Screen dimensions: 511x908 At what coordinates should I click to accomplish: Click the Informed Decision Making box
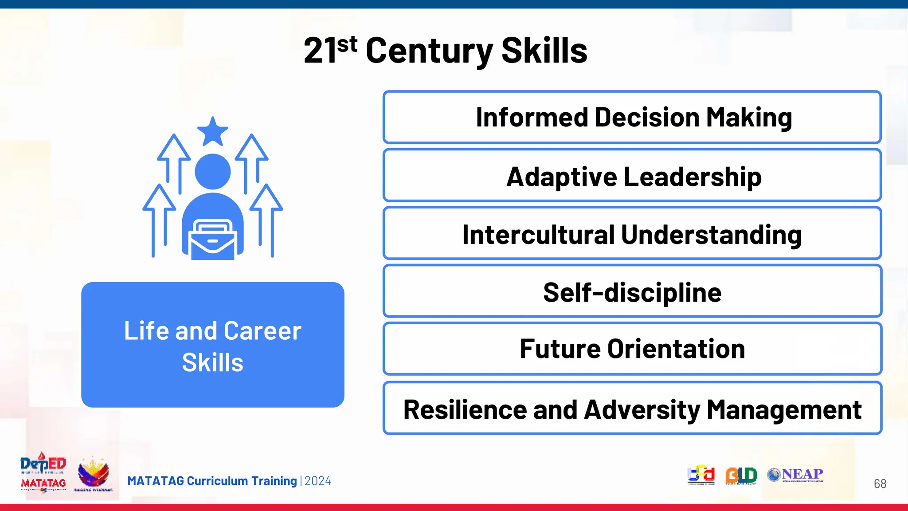click(632, 117)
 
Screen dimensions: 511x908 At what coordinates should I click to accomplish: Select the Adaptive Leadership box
click(632, 176)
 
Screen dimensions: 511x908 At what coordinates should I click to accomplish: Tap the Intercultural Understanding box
click(632, 234)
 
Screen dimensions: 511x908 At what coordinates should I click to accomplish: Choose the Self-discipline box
click(632, 292)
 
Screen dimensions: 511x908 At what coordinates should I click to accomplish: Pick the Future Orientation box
click(632, 349)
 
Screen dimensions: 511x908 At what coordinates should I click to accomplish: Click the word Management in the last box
click(783, 409)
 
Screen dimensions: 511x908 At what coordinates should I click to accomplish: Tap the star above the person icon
click(213, 132)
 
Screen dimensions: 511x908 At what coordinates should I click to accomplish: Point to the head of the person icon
click(213, 171)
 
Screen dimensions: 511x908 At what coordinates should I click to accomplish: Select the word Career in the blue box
click(262, 331)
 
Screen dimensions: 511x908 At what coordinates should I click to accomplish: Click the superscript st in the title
click(347, 44)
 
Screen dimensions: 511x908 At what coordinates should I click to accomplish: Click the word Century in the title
click(429, 51)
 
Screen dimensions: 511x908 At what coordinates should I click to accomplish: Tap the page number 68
click(880, 483)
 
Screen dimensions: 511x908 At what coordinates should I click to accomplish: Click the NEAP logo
click(795, 475)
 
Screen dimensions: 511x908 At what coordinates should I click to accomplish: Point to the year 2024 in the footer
click(318, 481)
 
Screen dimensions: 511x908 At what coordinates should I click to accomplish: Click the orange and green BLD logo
click(741, 475)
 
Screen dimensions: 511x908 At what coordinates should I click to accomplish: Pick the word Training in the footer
click(274, 481)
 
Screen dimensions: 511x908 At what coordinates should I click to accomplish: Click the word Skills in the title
click(544, 51)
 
